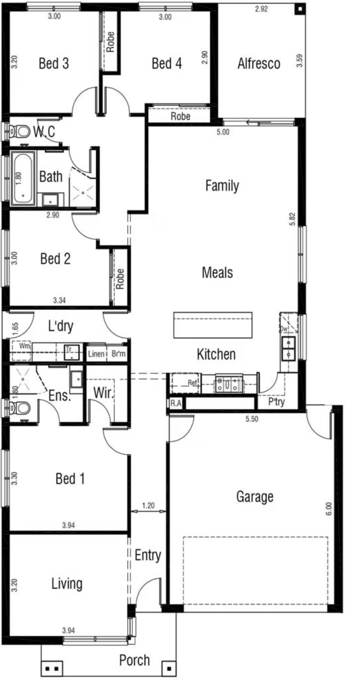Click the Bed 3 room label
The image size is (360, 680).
[x=54, y=64]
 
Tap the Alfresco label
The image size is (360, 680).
[x=258, y=64]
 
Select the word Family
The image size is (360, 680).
[x=222, y=186]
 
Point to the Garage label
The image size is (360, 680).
[x=254, y=497]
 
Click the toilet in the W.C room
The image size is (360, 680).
[x=19, y=132]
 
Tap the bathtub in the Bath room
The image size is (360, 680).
[x=23, y=177]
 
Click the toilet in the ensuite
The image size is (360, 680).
[x=19, y=408]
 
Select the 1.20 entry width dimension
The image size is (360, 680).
[x=148, y=506]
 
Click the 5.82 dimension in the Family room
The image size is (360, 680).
[x=292, y=219]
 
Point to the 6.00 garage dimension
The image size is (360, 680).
[x=329, y=509]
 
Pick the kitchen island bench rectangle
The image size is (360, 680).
[x=213, y=325]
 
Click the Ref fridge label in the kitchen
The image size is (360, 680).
[x=192, y=383]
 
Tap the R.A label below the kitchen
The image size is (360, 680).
[x=176, y=404]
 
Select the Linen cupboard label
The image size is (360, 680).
[x=96, y=354]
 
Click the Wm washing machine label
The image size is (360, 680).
[x=25, y=346]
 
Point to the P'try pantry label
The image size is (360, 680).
[x=276, y=402]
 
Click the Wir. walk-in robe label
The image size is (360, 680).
[x=104, y=393]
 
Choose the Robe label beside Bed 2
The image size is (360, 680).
[x=120, y=279]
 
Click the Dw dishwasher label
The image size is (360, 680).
[x=284, y=329]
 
